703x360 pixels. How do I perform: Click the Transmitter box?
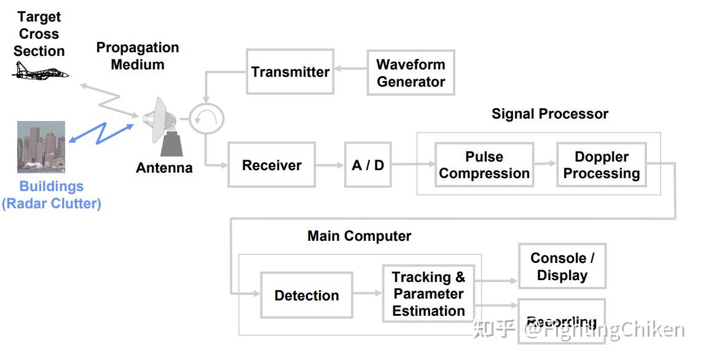pyautogui.click(x=290, y=72)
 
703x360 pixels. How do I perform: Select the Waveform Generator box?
pyautogui.click(x=410, y=72)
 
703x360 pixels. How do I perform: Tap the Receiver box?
pyautogui.click(x=272, y=165)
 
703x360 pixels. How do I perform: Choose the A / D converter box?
pyautogui.click(x=367, y=165)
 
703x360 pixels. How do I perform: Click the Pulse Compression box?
pyautogui.click(x=484, y=165)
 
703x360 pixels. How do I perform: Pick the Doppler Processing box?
pyautogui.click(x=601, y=165)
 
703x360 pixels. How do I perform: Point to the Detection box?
pyautogui.click(x=307, y=295)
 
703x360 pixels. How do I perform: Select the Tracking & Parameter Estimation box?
pyautogui.click(x=428, y=294)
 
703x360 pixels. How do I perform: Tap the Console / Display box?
pyautogui.click(x=562, y=267)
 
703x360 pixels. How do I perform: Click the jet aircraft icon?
pyautogui.click(x=41, y=72)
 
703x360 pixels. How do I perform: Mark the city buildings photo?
pyautogui.click(x=41, y=147)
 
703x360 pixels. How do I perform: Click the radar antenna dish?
pyautogui.click(x=157, y=120)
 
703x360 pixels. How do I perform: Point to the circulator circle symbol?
pyautogui.click(x=206, y=119)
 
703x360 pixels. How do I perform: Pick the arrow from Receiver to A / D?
pyautogui.click(x=330, y=165)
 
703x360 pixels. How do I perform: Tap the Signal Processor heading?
pyautogui.click(x=549, y=114)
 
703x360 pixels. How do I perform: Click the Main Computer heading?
pyautogui.click(x=359, y=236)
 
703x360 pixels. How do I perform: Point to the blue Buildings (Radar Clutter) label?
pyautogui.click(x=52, y=195)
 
